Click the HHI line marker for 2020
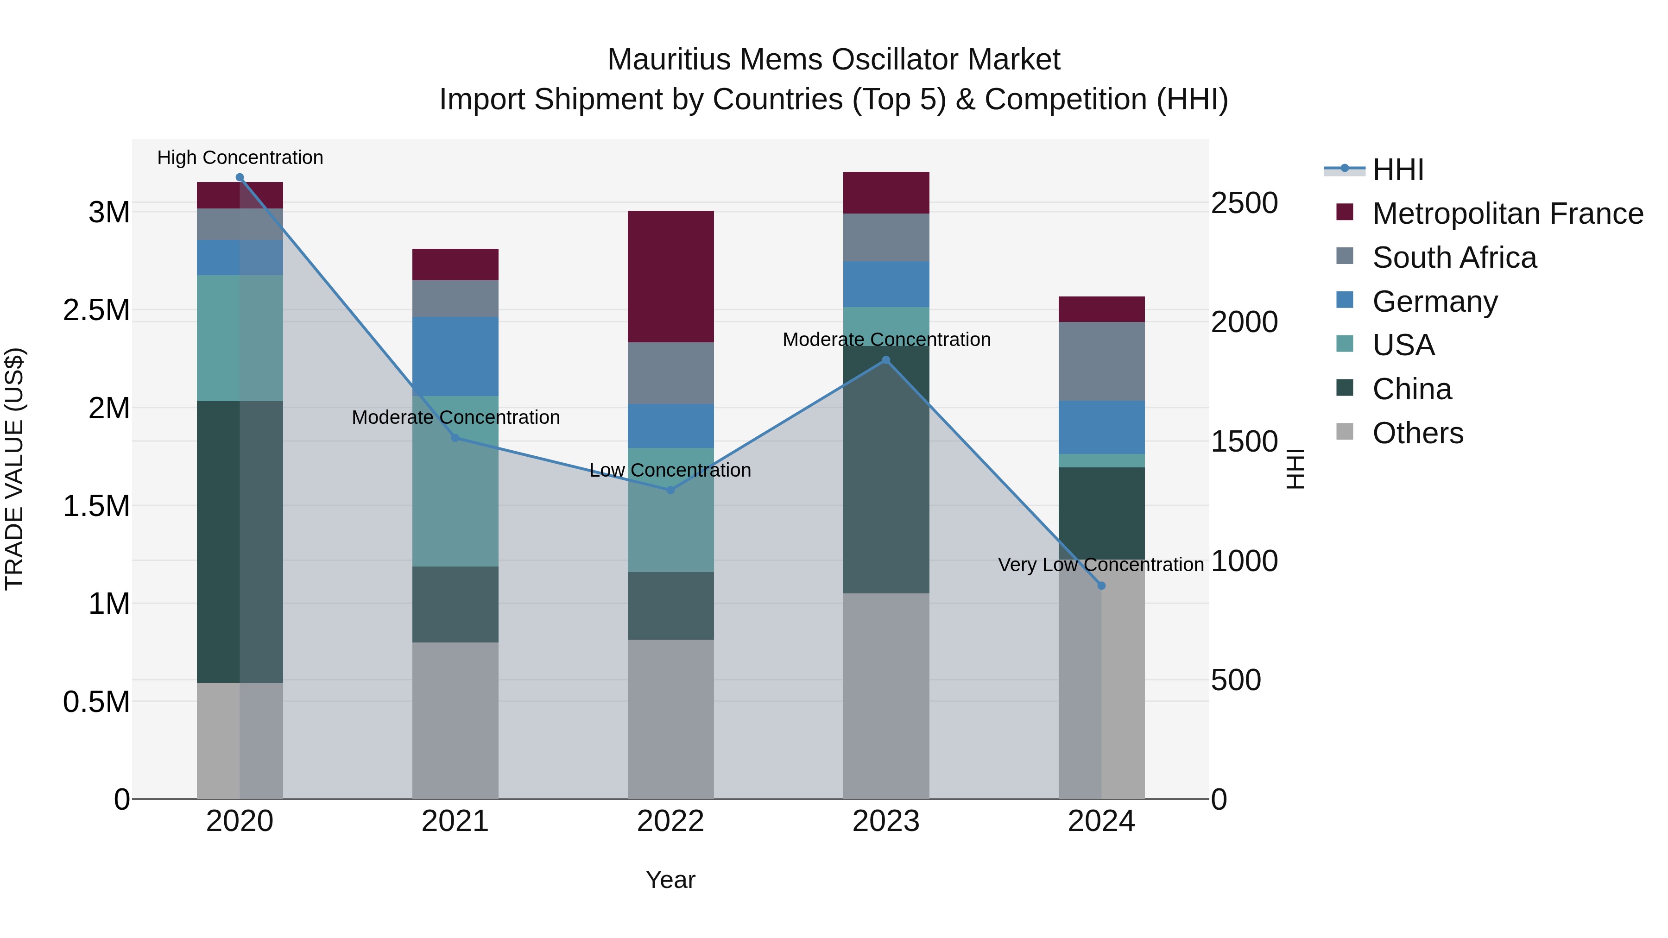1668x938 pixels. click(x=240, y=177)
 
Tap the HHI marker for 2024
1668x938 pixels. click(x=1101, y=585)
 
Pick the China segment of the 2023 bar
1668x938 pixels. click(x=886, y=469)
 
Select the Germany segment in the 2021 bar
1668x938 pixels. click(x=455, y=356)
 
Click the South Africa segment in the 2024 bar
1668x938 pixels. click(x=1101, y=361)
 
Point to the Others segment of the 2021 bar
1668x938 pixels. click(x=455, y=720)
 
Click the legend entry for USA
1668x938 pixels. click(x=1403, y=345)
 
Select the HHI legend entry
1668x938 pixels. click(x=1397, y=170)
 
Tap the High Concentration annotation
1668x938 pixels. click(x=240, y=157)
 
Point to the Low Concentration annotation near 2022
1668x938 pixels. click(x=670, y=470)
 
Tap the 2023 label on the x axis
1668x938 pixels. click(x=886, y=821)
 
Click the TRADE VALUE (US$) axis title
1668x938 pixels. click(x=15, y=469)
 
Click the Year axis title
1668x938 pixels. click(x=670, y=880)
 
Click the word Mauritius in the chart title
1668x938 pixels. click(x=669, y=60)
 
